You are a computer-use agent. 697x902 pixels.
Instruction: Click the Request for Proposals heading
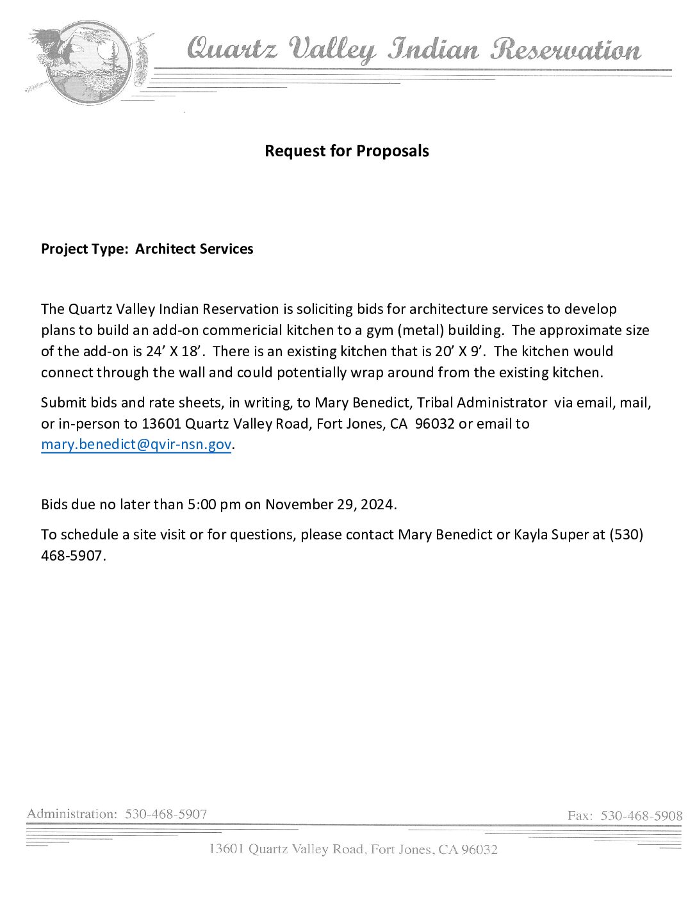[347, 151]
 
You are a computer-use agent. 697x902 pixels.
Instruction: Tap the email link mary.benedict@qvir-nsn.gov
[136, 445]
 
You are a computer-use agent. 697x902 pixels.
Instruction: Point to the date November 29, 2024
[329, 505]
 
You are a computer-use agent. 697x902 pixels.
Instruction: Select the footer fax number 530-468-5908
[641, 816]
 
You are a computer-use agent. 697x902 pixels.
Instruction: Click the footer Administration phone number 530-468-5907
[166, 814]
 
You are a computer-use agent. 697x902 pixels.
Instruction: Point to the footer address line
[353, 849]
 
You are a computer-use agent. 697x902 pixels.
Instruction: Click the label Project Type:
[85, 249]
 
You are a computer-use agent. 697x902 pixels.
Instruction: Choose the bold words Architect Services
[194, 249]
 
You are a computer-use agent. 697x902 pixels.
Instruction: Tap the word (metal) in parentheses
[420, 331]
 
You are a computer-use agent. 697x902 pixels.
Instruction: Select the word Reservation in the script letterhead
[566, 50]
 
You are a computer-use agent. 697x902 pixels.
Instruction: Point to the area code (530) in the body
[626, 535]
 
